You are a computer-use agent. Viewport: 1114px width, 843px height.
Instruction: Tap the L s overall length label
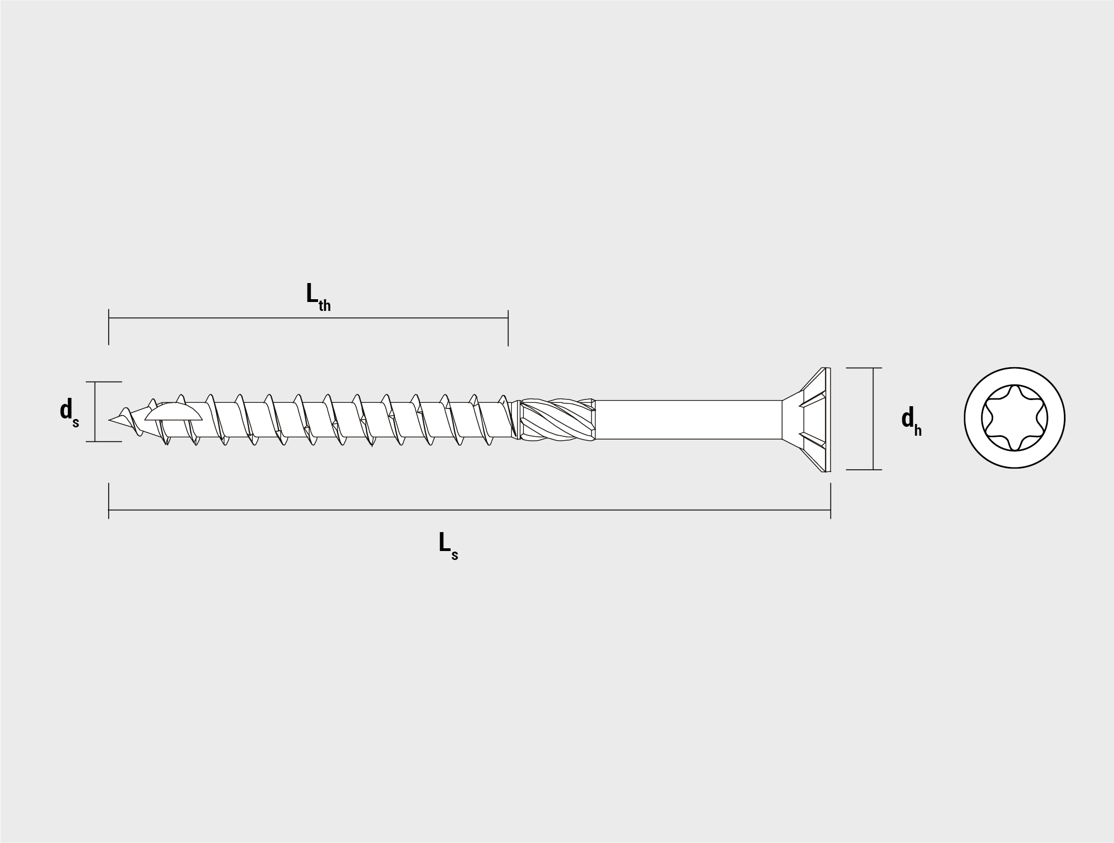[x=448, y=545]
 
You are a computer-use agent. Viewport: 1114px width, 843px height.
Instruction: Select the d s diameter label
[x=70, y=412]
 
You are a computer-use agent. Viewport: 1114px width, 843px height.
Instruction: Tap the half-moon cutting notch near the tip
[x=173, y=412]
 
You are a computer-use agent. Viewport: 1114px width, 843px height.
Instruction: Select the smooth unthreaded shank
[x=688, y=420]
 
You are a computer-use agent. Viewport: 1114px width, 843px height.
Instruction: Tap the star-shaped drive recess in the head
[x=1014, y=418]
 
